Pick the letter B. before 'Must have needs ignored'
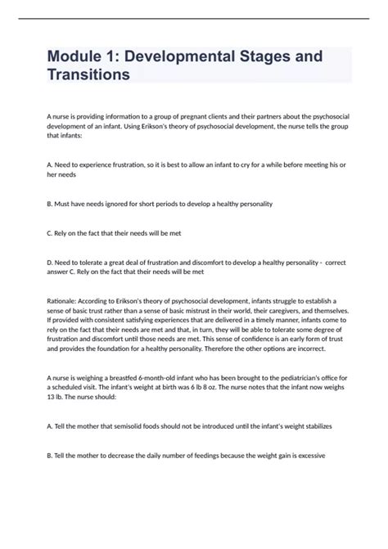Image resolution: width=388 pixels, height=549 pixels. [x=51, y=203]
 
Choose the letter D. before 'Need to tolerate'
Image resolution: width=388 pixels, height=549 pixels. [x=51, y=261]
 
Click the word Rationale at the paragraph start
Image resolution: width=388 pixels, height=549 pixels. [x=65, y=300]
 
